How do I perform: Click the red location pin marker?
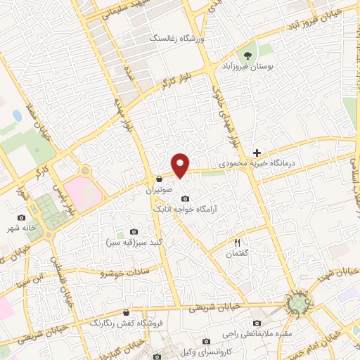tap(181, 164)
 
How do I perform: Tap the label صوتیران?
tap(159, 190)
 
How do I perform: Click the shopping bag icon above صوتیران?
tap(160, 179)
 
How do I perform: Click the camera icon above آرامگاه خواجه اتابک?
tap(185, 198)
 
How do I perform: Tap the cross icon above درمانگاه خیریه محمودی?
tap(257, 152)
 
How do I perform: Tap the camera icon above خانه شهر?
tap(21, 218)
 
